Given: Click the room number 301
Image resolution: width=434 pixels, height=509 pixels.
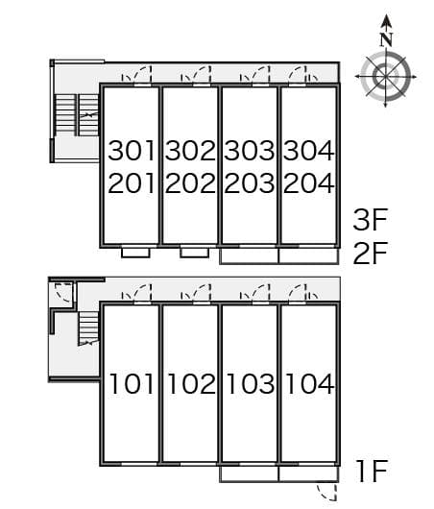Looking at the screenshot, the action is pyautogui.click(x=132, y=151).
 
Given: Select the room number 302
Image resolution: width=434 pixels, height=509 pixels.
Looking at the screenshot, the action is pyautogui.click(x=190, y=151).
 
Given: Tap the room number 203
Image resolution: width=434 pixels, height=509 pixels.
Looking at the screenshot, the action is pyautogui.click(x=250, y=183).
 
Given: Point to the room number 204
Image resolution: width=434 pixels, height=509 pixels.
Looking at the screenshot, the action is pyautogui.click(x=309, y=183).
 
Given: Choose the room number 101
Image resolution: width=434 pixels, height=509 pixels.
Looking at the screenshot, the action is pyautogui.click(x=132, y=384).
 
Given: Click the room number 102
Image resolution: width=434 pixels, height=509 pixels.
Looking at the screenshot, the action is pyautogui.click(x=191, y=384).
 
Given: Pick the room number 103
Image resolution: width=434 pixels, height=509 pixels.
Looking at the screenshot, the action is pyautogui.click(x=250, y=384).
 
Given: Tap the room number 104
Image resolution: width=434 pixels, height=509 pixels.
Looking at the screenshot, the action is pyautogui.click(x=309, y=384).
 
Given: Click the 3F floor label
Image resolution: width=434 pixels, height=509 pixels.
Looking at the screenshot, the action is pyautogui.click(x=371, y=220).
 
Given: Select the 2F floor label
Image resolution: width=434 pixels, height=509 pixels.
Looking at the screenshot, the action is pyautogui.click(x=371, y=253).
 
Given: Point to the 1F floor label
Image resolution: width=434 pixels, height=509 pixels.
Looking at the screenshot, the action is pyautogui.click(x=373, y=471).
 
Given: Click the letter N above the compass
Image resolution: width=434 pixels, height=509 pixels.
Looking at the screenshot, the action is pyautogui.click(x=386, y=40).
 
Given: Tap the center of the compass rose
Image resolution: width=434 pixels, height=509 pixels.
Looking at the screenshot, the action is pyautogui.click(x=385, y=77).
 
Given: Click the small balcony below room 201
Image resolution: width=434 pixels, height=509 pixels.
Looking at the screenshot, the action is pyautogui.click(x=135, y=253).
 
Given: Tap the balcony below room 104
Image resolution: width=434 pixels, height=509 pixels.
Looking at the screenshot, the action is pyautogui.click(x=308, y=474).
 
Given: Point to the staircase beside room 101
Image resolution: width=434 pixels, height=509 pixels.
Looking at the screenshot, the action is pyautogui.click(x=88, y=328).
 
